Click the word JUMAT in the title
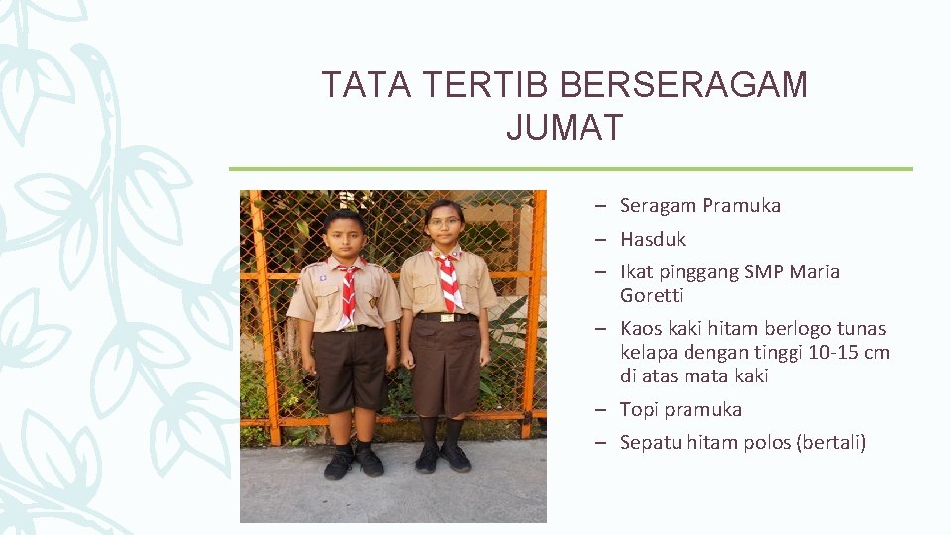point(565,128)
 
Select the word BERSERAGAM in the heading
point(684,86)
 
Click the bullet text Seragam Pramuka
point(699,206)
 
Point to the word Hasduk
point(652,239)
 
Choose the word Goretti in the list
point(651,295)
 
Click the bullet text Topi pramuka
point(680,409)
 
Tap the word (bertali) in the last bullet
point(831,442)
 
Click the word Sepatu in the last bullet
point(647,442)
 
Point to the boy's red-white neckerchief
point(348,290)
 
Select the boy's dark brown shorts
point(349,369)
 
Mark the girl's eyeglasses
point(442,222)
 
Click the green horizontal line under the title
point(571,169)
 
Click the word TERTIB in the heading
point(484,86)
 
